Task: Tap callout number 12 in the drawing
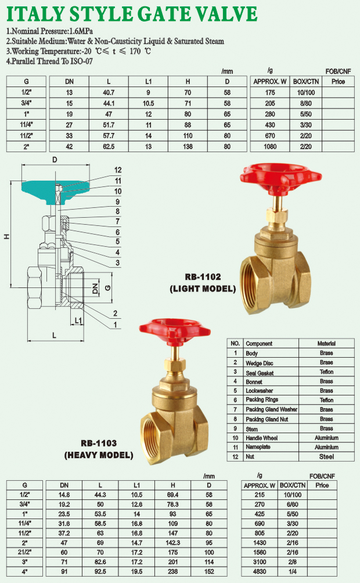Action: coord(118,170)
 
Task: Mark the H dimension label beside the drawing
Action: coord(7,236)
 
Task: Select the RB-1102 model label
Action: coord(203,277)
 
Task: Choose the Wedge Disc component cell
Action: coord(260,363)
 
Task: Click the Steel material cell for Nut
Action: coord(326,457)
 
